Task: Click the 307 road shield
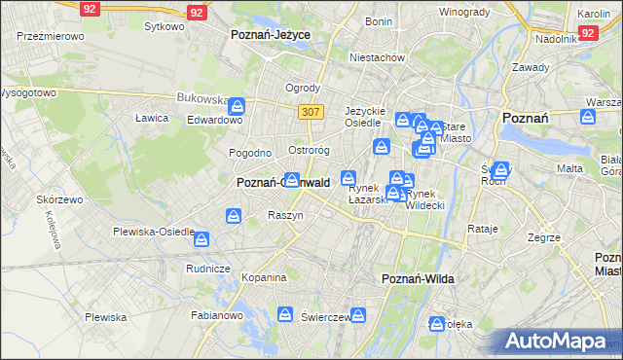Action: (311, 112)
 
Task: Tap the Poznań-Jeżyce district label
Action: (270, 34)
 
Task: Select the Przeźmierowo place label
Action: (50, 35)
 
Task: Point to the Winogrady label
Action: (463, 12)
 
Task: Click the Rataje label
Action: (483, 229)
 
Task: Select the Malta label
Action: (569, 168)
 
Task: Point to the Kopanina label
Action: (264, 276)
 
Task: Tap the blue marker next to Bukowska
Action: (238, 106)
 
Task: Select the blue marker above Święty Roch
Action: (501, 169)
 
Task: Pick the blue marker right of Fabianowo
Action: (285, 313)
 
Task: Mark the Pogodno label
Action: (249, 153)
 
